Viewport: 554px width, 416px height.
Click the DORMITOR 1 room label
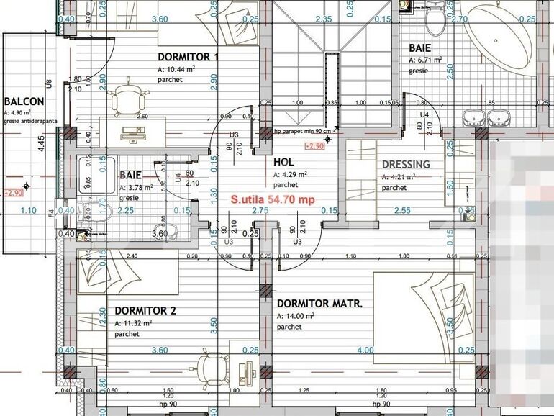pos(188,57)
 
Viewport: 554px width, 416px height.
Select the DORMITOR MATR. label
pos(319,304)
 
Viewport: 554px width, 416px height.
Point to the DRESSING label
pos(406,164)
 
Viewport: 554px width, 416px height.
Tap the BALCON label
pos(24,102)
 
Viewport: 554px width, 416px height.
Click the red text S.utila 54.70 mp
pos(272,199)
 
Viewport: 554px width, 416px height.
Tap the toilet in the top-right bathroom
pos(436,20)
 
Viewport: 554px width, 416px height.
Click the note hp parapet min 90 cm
pos(302,132)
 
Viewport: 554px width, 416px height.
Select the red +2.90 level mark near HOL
pos(314,146)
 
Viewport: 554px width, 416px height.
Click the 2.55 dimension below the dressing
pos(403,210)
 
